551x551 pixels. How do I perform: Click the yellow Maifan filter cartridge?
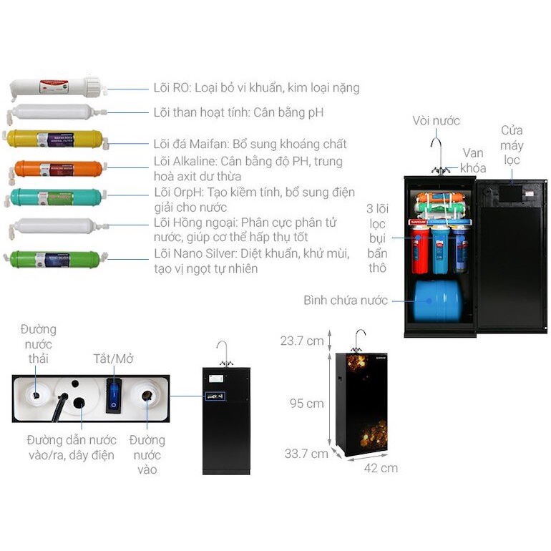54,138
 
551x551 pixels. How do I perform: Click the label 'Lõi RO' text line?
256,88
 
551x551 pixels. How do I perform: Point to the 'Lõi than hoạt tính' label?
238,112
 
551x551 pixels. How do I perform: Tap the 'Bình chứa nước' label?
345,300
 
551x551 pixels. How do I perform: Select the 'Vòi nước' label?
436,121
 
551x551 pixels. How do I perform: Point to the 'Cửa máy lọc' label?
512,145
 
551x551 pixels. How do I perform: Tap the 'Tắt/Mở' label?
113,359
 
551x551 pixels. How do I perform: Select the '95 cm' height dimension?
306,404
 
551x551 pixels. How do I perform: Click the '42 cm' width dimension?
380,468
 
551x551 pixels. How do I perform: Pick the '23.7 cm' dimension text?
302,341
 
